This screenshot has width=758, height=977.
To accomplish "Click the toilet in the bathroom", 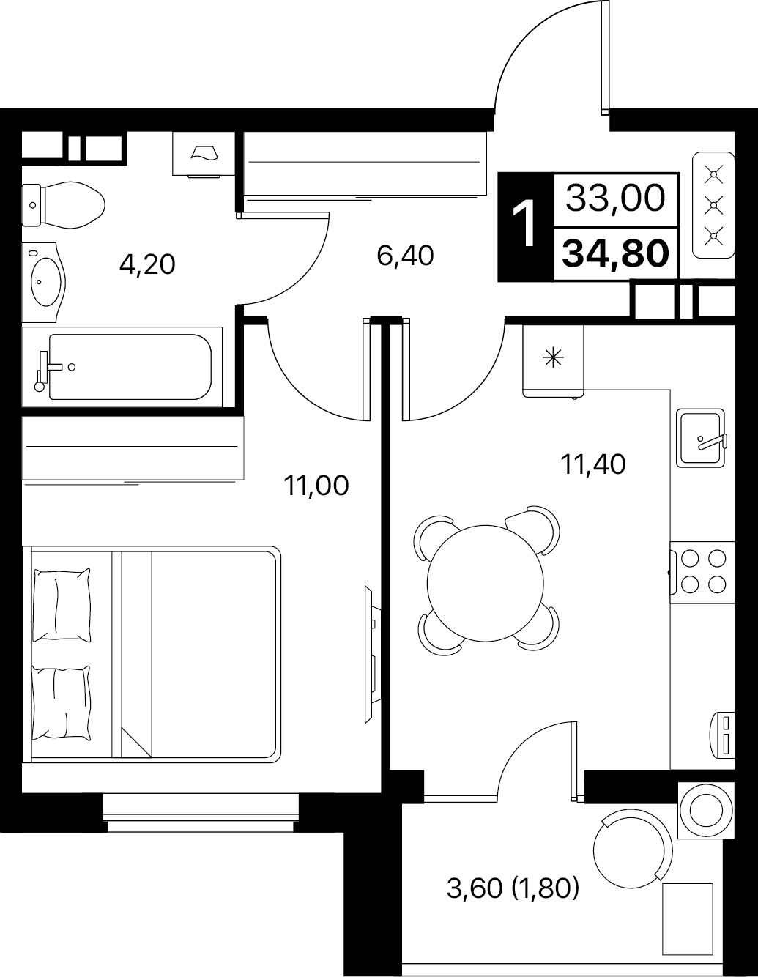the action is click(x=63, y=205).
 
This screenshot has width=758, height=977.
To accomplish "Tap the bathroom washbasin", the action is click(x=44, y=283).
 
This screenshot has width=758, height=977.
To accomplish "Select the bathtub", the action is click(x=122, y=367).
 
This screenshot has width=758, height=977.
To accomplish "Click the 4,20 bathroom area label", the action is click(x=147, y=264).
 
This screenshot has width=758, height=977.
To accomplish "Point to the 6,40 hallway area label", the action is click(x=406, y=256).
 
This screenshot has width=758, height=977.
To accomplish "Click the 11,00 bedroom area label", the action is click(x=316, y=486).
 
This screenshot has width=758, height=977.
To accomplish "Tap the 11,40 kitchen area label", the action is click(x=592, y=464).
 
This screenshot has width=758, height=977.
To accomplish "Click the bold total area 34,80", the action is click(x=615, y=253).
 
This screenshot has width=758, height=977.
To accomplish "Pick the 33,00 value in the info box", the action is click(x=615, y=198).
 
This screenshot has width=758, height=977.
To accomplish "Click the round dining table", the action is click(x=486, y=583).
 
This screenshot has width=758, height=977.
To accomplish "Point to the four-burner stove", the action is click(x=702, y=572).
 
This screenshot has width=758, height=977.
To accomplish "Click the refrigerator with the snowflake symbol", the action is click(x=553, y=361).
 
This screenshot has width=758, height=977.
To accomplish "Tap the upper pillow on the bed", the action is click(x=62, y=605).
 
